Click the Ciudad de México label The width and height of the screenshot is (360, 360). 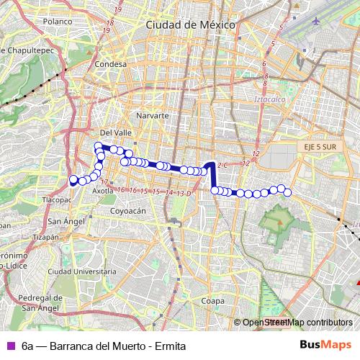[x=190, y=24]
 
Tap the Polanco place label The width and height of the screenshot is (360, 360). [x=58, y=22]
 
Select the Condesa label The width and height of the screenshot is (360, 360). [x=110, y=64]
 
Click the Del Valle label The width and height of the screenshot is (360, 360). [x=115, y=132]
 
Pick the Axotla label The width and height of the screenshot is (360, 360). [x=103, y=192]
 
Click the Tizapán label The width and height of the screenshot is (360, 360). [x=45, y=236]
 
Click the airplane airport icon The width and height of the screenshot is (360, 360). [x=316, y=19]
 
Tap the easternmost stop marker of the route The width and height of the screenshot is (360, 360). [x=288, y=192]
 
